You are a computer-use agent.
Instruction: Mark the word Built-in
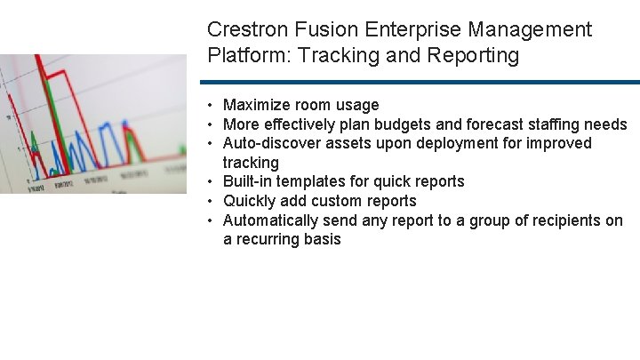248,181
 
